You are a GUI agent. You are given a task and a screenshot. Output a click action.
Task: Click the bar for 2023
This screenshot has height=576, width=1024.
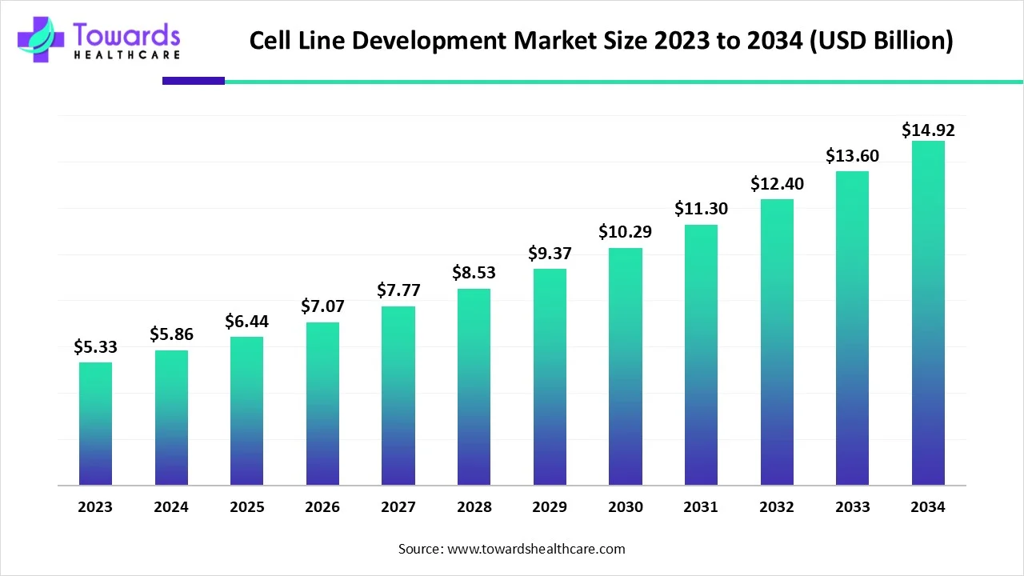(x=95, y=423)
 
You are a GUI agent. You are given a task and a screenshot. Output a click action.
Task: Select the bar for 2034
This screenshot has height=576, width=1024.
(x=928, y=313)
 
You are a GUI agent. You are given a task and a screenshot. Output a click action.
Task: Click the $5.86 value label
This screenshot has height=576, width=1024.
(x=171, y=335)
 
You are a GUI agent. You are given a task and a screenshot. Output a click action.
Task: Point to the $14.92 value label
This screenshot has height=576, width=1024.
(x=928, y=130)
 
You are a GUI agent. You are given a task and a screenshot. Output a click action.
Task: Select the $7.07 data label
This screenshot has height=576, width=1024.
(x=322, y=306)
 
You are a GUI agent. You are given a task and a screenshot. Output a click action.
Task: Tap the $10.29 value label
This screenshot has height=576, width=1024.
(x=625, y=232)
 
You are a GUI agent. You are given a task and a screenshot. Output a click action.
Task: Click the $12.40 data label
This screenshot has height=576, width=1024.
(x=777, y=183)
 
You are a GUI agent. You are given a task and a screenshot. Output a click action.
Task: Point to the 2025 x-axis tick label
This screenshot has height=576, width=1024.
(x=246, y=507)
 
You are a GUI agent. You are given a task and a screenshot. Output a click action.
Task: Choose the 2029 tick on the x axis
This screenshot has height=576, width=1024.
(x=550, y=507)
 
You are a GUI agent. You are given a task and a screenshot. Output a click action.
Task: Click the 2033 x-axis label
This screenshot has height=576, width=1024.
(x=852, y=507)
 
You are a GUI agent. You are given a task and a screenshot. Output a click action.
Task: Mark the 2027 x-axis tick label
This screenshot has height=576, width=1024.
(x=398, y=507)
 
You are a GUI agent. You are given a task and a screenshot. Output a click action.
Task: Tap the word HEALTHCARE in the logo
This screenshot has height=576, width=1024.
(x=126, y=54)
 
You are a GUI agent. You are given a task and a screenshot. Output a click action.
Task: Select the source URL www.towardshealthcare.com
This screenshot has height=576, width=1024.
(x=534, y=549)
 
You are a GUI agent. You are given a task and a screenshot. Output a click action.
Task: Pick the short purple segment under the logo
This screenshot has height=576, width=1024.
(x=194, y=81)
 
